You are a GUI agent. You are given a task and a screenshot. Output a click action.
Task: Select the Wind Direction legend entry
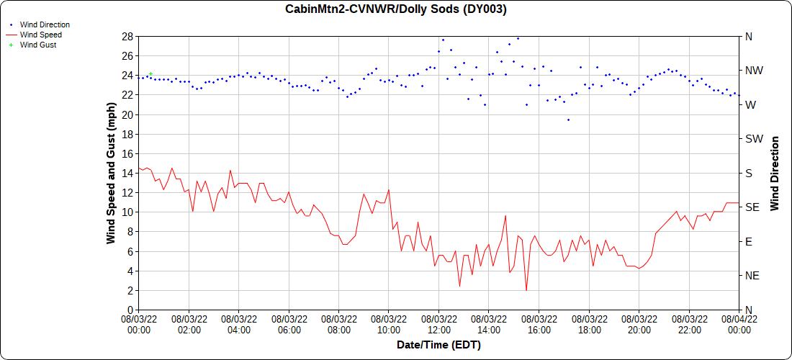pyautogui.click(x=45, y=24)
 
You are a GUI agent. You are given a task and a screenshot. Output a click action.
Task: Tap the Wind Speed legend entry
pyautogui.click(x=40, y=35)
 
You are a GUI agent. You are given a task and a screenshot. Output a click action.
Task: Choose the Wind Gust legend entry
pyautogui.click(x=38, y=45)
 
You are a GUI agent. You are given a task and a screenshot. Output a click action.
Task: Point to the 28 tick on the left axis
pyautogui.click(x=127, y=36)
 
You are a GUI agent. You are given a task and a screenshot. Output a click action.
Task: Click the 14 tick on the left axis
pyautogui.click(x=127, y=173)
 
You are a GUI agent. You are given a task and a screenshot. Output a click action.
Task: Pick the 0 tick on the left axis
pyautogui.click(x=130, y=310)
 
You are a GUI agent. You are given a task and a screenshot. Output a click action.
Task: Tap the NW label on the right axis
pyautogui.click(x=753, y=71)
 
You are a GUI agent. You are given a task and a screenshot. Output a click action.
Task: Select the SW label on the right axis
pyautogui.click(x=753, y=139)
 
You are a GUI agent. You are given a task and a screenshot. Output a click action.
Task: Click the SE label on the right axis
pyautogui.click(x=752, y=207)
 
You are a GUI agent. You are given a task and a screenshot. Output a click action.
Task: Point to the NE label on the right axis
pyautogui.click(x=752, y=276)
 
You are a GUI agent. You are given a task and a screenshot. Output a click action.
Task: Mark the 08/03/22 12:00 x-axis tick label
pyautogui.click(x=439, y=324)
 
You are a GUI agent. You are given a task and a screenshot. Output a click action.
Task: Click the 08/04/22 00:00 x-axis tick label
pyautogui.click(x=739, y=324)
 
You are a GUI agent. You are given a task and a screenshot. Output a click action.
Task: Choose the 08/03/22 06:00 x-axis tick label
pyautogui.click(x=289, y=324)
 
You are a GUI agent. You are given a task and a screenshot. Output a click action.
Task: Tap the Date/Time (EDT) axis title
pyautogui.click(x=438, y=345)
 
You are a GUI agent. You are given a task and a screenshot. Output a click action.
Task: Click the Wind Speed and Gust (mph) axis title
pyautogui.click(x=112, y=173)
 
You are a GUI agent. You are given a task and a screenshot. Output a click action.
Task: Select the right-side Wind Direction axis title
pyautogui.click(x=775, y=173)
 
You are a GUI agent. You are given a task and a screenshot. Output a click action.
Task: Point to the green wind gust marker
pyautogui.click(x=150, y=73)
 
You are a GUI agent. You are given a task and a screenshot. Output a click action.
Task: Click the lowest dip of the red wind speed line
pyautogui.click(x=526, y=290)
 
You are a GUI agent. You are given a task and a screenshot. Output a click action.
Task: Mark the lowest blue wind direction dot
pyautogui.click(x=568, y=120)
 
